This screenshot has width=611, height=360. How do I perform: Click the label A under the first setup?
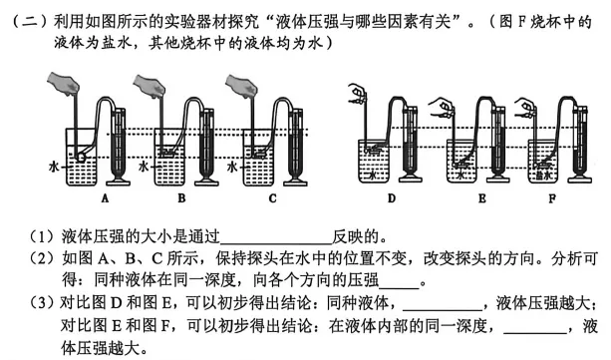point(105,198)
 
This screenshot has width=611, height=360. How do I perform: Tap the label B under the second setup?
point(181,198)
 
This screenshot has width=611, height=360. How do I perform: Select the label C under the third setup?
point(273,198)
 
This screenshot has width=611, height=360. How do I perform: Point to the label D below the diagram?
point(392,198)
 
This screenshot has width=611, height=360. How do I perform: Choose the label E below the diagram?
point(482,198)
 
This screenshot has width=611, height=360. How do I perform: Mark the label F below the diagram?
point(552,198)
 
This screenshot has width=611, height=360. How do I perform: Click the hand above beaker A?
point(64,84)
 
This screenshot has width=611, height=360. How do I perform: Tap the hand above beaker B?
point(150,86)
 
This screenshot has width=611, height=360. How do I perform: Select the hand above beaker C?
point(241,86)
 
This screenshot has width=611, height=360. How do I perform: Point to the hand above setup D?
point(358,94)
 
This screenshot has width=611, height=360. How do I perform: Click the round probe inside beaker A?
point(82,157)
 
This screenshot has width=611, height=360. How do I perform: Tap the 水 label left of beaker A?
point(54,167)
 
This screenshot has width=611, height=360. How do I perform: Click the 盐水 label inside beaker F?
point(544,176)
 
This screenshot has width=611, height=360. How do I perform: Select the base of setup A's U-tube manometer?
point(118,182)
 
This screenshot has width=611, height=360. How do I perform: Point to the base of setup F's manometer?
point(580,180)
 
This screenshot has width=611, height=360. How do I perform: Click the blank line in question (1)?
point(276,242)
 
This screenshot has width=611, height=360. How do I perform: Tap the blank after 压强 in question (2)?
point(399,287)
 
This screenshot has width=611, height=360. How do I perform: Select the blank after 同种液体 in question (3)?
point(443,310)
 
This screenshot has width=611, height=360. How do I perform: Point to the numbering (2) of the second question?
point(42,258)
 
